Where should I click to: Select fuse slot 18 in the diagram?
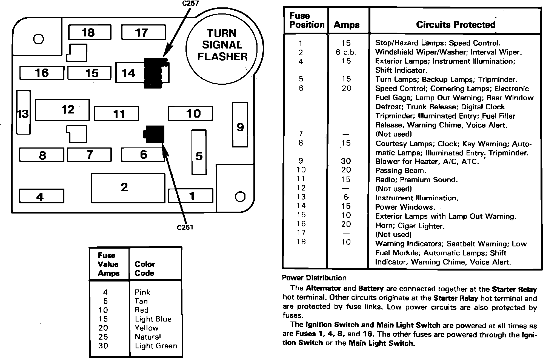pyautogui.click(x=90, y=32)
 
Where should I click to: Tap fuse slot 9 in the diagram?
pyautogui.click(x=240, y=125)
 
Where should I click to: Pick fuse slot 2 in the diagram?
pyautogui.click(x=128, y=188)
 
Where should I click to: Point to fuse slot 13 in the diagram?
pyautogui.click(x=23, y=112)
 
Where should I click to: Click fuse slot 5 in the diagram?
pyautogui.click(x=199, y=152)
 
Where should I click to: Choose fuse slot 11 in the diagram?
pyautogui.click(x=116, y=113)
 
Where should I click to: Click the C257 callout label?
pyautogui.click(x=190, y=3)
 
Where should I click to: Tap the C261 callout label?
pyautogui.click(x=185, y=228)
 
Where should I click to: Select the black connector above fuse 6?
pyautogui.click(x=154, y=134)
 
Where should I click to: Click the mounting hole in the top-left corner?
pyautogui.click(x=38, y=39)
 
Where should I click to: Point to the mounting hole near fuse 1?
pyautogui.click(x=240, y=197)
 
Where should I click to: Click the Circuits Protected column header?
pyautogui.click(x=456, y=25)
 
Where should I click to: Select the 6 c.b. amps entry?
pyautogui.click(x=346, y=52)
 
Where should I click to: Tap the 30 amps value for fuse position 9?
pyautogui.click(x=346, y=161)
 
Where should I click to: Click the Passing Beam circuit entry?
pyautogui.click(x=401, y=170)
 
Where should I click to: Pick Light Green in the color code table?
pyautogui.click(x=156, y=346)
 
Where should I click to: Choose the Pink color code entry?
pyautogui.click(x=142, y=292)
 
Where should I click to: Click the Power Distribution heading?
pyautogui.click(x=314, y=278)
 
